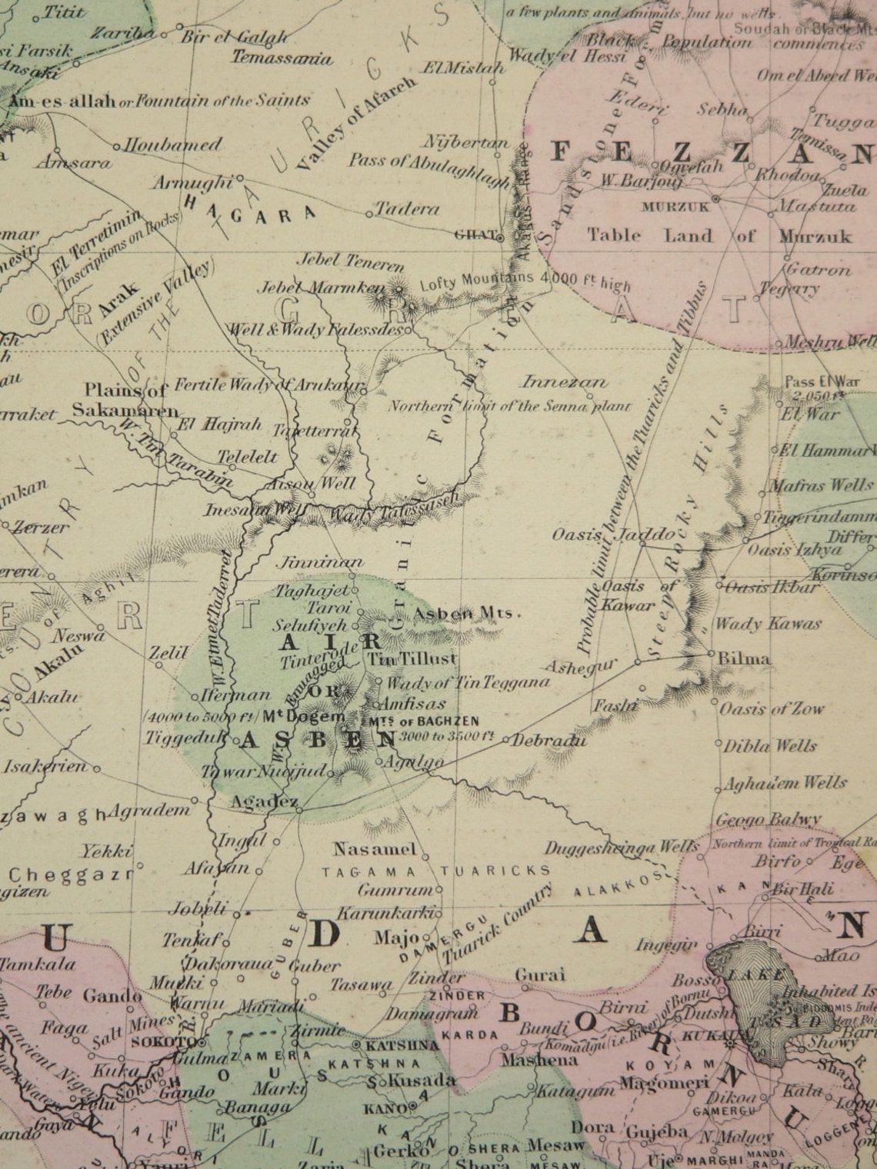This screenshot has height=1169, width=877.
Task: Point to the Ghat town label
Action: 475,236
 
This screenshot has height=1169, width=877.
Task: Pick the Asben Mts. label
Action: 468,613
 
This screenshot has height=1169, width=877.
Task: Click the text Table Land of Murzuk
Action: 719,235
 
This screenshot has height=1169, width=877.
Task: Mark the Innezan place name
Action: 565,381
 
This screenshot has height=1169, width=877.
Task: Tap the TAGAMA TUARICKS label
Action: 435,871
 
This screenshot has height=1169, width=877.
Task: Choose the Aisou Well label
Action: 310,483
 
